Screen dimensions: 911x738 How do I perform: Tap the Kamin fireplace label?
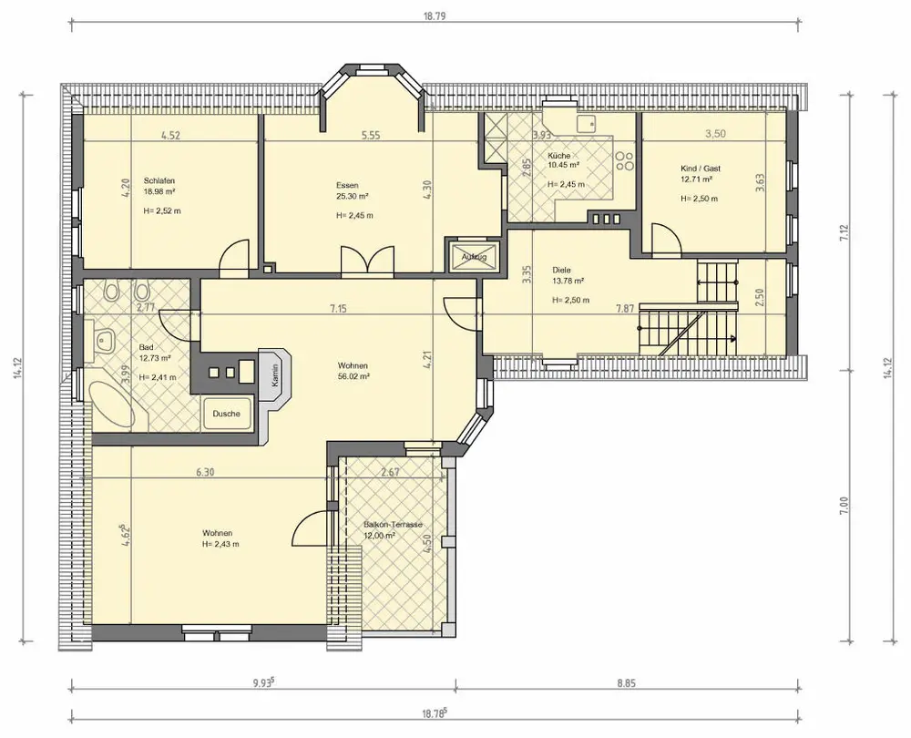pyautogui.click(x=275, y=374)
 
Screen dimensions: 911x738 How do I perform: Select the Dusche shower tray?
pyautogui.click(x=227, y=414)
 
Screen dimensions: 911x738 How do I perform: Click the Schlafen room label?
pyautogui.click(x=159, y=180)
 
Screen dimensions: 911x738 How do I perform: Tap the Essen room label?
pyautogui.click(x=347, y=185)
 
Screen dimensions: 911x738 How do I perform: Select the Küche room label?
pyautogui.click(x=559, y=156)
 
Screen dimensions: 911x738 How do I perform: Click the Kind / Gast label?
pyautogui.click(x=701, y=169)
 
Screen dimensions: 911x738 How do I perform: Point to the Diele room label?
pyautogui.click(x=561, y=271)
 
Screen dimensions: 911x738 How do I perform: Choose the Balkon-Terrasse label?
pyautogui.click(x=393, y=525)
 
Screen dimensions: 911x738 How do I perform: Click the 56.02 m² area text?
pyautogui.click(x=353, y=376)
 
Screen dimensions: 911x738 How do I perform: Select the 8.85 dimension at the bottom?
pyautogui.click(x=626, y=683)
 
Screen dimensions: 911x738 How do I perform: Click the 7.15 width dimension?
pyautogui.click(x=338, y=309)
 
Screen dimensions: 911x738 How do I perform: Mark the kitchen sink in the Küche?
pyautogui.click(x=586, y=123)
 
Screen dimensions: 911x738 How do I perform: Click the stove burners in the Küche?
pyautogui.click(x=624, y=161)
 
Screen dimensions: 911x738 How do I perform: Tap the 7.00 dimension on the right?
pyautogui.click(x=844, y=505)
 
